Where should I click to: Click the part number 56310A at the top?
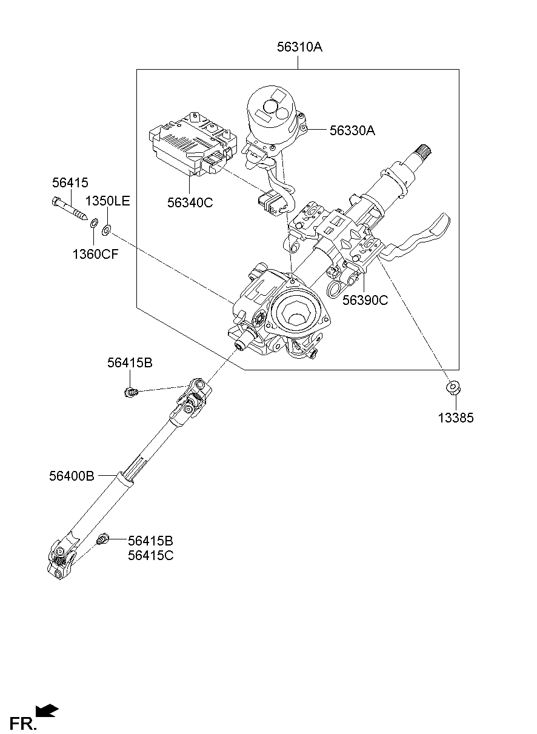299,47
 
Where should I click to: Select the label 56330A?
352,130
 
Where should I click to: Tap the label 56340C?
190,203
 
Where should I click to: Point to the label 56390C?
365,300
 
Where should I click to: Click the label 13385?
456,418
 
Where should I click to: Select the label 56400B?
72,476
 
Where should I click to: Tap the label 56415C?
150,555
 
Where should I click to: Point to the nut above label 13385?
452,387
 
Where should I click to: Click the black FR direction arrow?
47,710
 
